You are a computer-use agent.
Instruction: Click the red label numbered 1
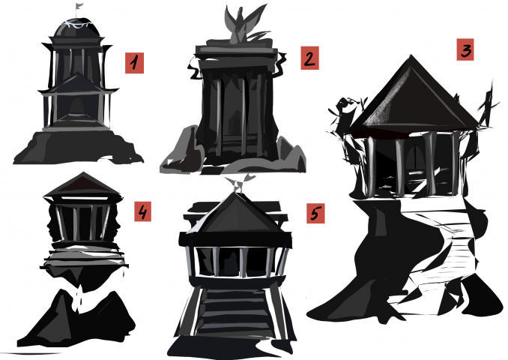point(134,63)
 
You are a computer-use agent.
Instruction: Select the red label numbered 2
point(309,58)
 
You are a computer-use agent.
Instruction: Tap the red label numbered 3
point(465,49)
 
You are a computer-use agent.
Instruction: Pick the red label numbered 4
point(142,211)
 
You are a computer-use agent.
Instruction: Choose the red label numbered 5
point(315,214)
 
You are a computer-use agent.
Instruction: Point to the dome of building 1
point(76,28)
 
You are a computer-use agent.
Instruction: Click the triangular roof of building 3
point(413,97)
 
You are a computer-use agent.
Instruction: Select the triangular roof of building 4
point(83,184)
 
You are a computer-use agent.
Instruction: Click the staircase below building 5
point(234,311)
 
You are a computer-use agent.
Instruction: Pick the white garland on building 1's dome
point(77,24)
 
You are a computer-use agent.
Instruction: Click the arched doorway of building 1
point(76,106)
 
